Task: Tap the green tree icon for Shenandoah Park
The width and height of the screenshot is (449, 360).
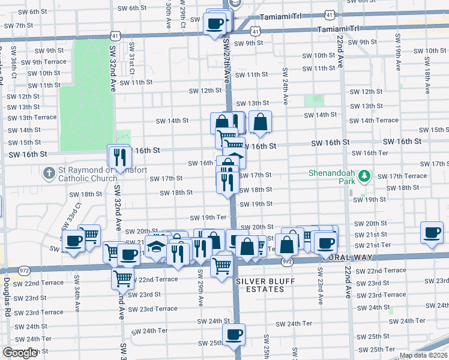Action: (364, 176)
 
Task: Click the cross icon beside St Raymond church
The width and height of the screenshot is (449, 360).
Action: (48, 173)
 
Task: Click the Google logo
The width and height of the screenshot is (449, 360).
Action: (20, 353)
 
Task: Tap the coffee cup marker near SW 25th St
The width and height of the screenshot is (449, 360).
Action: (234, 334)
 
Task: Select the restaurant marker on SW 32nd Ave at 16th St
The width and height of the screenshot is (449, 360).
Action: (119, 157)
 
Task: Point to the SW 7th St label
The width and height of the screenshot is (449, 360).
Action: (19, 25)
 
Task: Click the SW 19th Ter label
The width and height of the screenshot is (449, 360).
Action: (208, 217)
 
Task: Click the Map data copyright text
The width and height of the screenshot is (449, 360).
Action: (424, 355)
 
